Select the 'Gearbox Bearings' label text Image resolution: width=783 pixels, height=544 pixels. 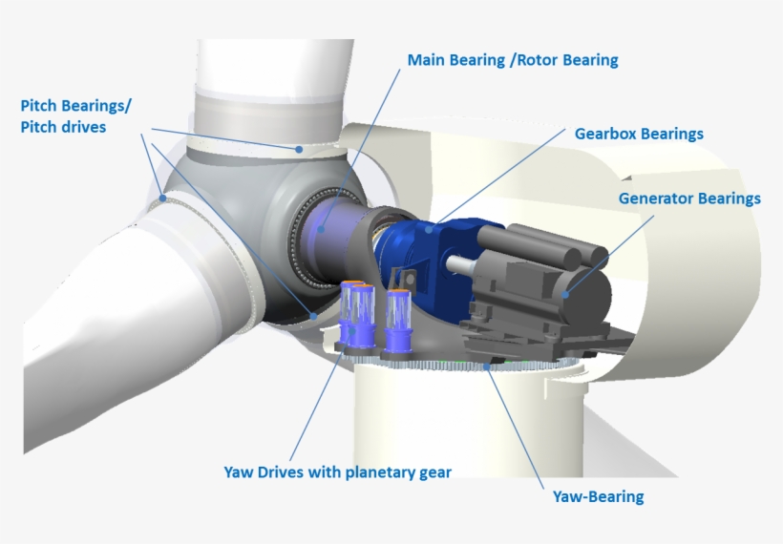point(638,134)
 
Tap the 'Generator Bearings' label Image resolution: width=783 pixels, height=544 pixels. point(688,199)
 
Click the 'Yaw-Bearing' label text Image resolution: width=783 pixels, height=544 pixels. point(598,496)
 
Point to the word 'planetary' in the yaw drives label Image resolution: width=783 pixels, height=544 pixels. point(369,471)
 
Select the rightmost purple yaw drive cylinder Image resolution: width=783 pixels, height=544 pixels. point(395,315)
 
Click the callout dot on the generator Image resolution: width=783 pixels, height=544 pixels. point(565,294)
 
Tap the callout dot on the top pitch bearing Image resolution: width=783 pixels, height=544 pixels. point(299,149)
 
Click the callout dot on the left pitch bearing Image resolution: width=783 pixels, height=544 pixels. point(164,198)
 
